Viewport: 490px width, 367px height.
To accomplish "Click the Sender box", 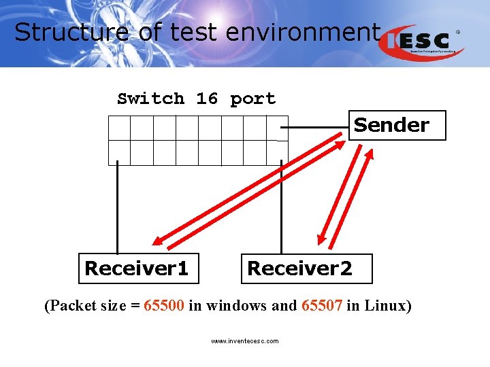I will (x=397, y=125).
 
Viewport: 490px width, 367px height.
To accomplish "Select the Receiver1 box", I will (x=136, y=268).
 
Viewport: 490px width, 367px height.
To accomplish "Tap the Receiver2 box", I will (x=306, y=268).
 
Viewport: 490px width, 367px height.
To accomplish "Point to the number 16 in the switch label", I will (x=207, y=99).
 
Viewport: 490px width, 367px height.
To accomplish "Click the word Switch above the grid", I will (x=150, y=99).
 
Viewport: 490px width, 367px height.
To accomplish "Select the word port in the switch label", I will (x=252, y=99).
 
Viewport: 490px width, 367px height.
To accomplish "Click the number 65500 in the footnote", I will (x=164, y=305).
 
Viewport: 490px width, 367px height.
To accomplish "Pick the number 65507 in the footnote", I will (x=320, y=305).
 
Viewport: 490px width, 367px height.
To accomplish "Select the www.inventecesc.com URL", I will (x=244, y=341).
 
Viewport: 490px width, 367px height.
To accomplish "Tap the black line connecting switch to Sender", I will (x=317, y=128).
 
